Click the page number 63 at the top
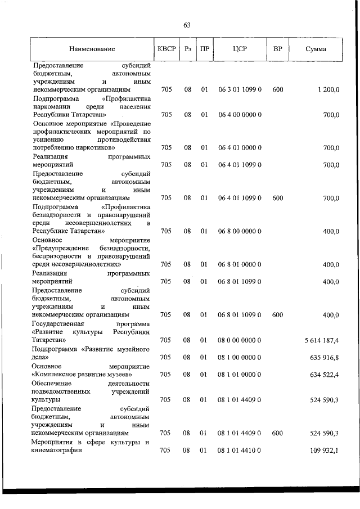(x=187, y=25)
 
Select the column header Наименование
(x=92, y=49)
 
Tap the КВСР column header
(x=166, y=49)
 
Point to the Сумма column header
(x=316, y=49)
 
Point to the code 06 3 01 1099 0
(x=239, y=89)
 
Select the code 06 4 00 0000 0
(x=239, y=115)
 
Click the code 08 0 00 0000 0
(x=239, y=340)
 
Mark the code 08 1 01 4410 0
(x=239, y=450)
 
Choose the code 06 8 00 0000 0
(x=239, y=231)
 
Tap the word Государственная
(x=58, y=324)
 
